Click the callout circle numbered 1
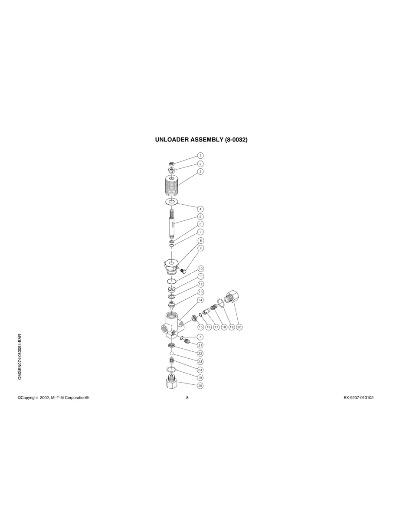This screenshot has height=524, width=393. pos(200,155)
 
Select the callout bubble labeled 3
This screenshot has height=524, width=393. pos(200,171)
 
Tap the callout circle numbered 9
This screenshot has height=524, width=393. pos(200,248)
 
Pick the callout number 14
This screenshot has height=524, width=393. pos(200,300)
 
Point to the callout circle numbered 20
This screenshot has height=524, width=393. pos(239,327)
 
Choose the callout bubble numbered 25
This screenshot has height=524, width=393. pos(200,385)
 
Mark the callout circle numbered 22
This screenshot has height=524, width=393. pos(200,354)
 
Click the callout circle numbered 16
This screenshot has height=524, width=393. pos(208,327)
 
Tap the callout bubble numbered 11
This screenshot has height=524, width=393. pos(200,276)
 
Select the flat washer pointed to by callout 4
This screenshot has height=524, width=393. pos(172,202)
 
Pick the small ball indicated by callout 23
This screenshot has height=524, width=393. pos(172,354)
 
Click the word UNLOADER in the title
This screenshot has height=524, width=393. pos(172,140)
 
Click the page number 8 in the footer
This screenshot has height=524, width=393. pos(187,397)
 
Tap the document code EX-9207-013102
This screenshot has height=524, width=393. pos(355,397)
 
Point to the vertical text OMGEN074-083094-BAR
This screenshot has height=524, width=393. pos(20,357)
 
